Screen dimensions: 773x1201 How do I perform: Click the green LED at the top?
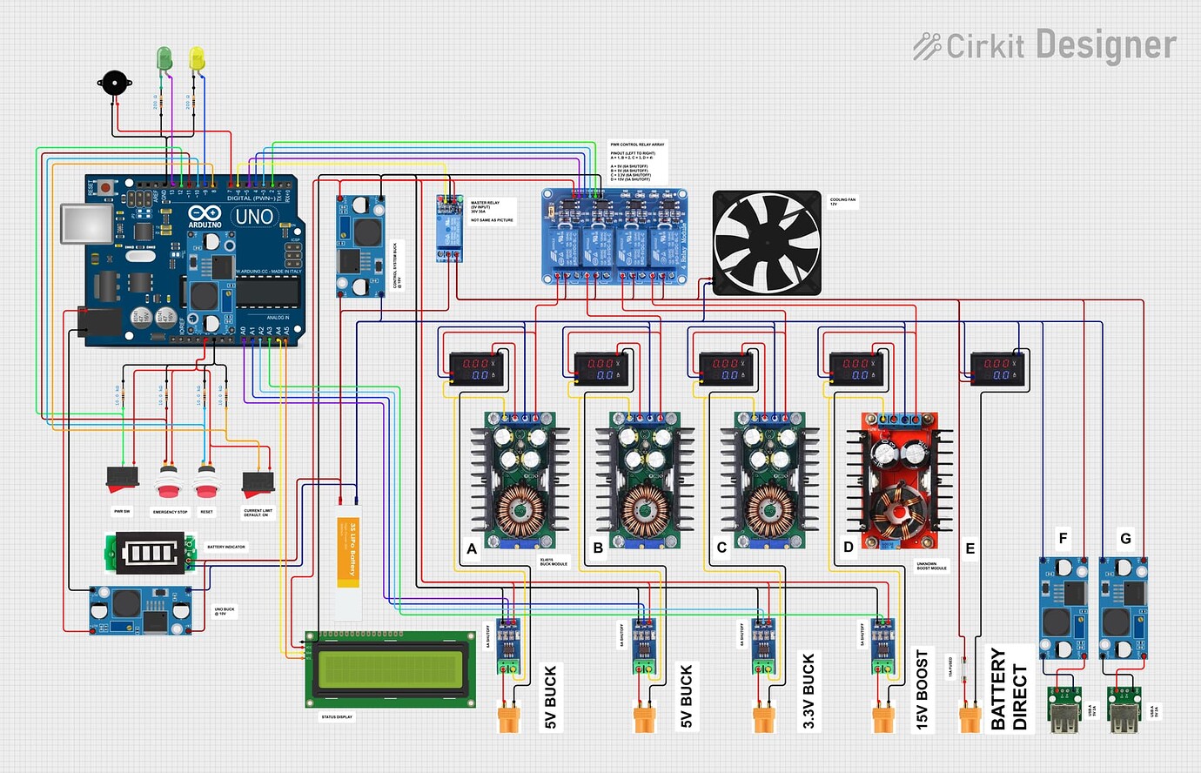pyautogui.click(x=164, y=58)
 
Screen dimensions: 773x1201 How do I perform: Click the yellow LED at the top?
pyautogui.click(x=197, y=58)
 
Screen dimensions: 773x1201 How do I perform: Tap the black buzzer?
pyautogui.click(x=113, y=85)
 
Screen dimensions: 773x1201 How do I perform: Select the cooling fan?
pyautogui.click(x=767, y=243)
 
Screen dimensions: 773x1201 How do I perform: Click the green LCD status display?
pyautogui.click(x=391, y=669)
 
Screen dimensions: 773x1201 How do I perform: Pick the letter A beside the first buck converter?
pyautogui.click(x=472, y=548)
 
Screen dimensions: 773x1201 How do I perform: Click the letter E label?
pyautogui.click(x=970, y=548)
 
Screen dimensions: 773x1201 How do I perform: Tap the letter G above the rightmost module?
pyautogui.click(x=1125, y=539)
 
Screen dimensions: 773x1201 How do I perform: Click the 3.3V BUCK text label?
pyautogui.click(x=808, y=691)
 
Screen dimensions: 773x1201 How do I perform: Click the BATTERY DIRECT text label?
pyautogui.click(x=1009, y=689)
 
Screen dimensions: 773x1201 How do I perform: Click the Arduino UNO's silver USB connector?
pyautogui.click(x=85, y=224)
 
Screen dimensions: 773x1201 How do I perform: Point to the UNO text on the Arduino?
pyautogui.click(x=254, y=216)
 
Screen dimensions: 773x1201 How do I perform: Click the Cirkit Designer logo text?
pyautogui.click(x=1044, y=45)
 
